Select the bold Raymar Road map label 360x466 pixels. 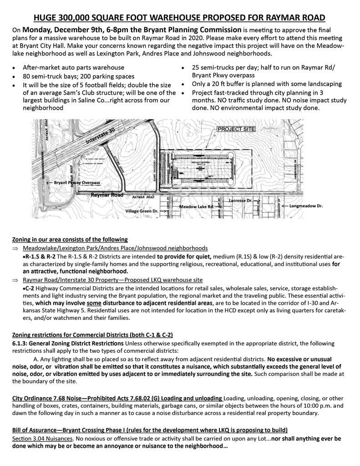[x=107, y=195]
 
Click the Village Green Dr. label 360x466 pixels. [x=142, y=211]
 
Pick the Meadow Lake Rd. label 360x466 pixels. [x=196, y=207]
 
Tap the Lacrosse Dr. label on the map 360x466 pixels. [x=241, y=200]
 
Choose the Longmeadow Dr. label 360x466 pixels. [x=306, y=206]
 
